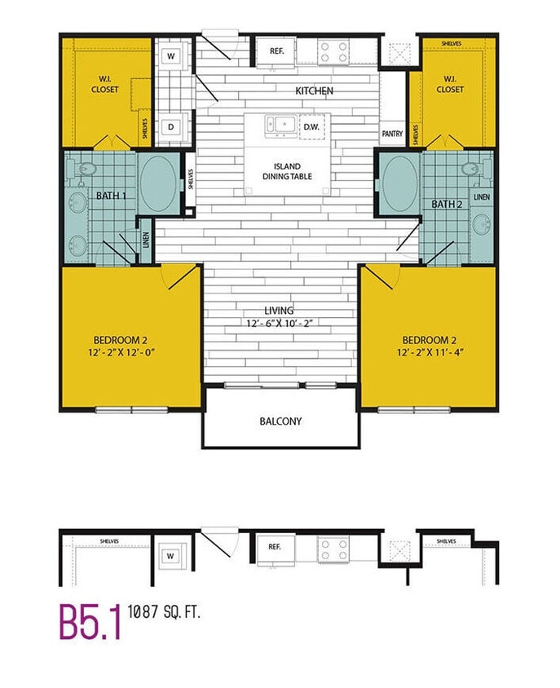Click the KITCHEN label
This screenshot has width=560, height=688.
tap(314, 90)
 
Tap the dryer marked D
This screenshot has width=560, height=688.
tap(171, 126)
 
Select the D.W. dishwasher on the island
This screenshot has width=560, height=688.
tap(311, 127)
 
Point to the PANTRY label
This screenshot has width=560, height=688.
tap(392, 134)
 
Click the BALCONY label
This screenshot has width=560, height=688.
tap(280, 421)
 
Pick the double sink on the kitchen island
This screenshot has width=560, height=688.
tap(279, 126)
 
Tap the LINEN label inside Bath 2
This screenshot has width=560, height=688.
tap(481, 197)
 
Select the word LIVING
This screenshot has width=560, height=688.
tap(279, 311)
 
